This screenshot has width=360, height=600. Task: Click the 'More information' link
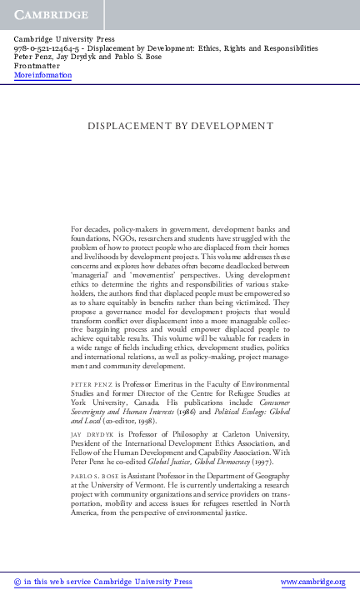pos(43,76)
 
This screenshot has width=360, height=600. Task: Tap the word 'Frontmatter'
pos(37,67)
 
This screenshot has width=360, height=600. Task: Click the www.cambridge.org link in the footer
pos(312,582)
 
